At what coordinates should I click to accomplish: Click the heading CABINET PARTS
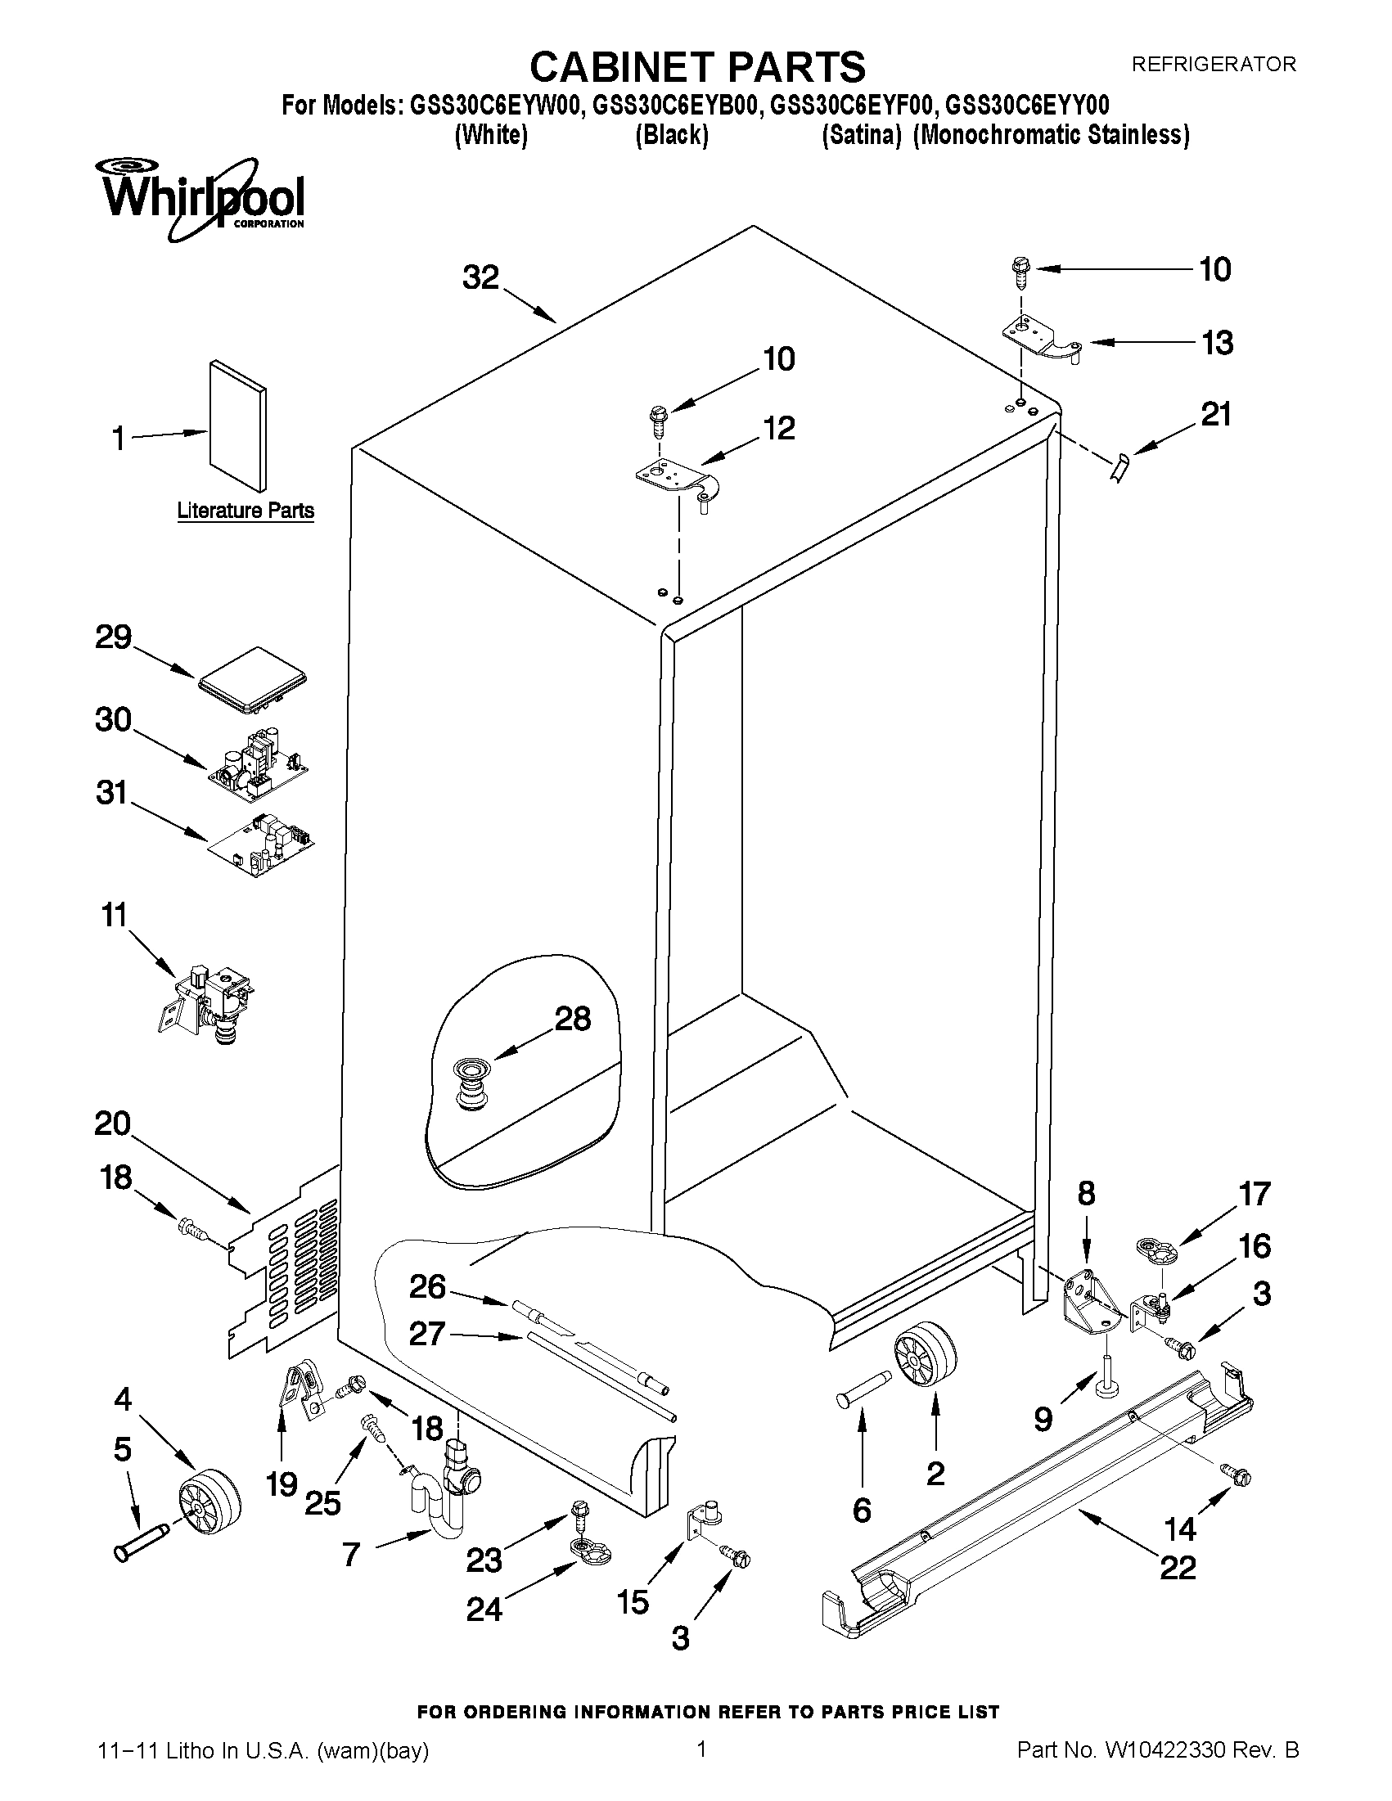point(697,67)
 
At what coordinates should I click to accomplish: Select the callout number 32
point(480,278)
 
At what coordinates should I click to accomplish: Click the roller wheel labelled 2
point(924,1355)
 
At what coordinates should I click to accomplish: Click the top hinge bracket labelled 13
point(1040,339)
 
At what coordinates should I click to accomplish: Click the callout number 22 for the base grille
point(1177,1567)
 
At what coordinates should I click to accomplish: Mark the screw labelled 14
point(1237,1475)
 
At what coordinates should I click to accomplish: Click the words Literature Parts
point(246,511)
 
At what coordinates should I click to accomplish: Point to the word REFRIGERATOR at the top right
point(1213,64)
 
